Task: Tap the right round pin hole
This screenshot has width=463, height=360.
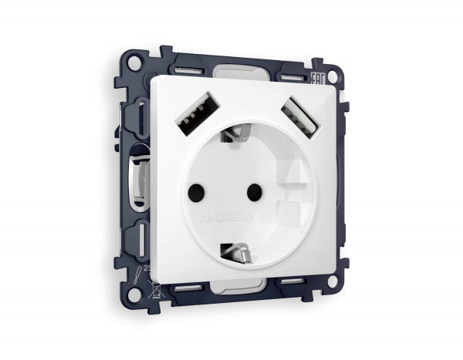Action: pos(251,188)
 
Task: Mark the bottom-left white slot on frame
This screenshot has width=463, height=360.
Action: pos(186,290)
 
